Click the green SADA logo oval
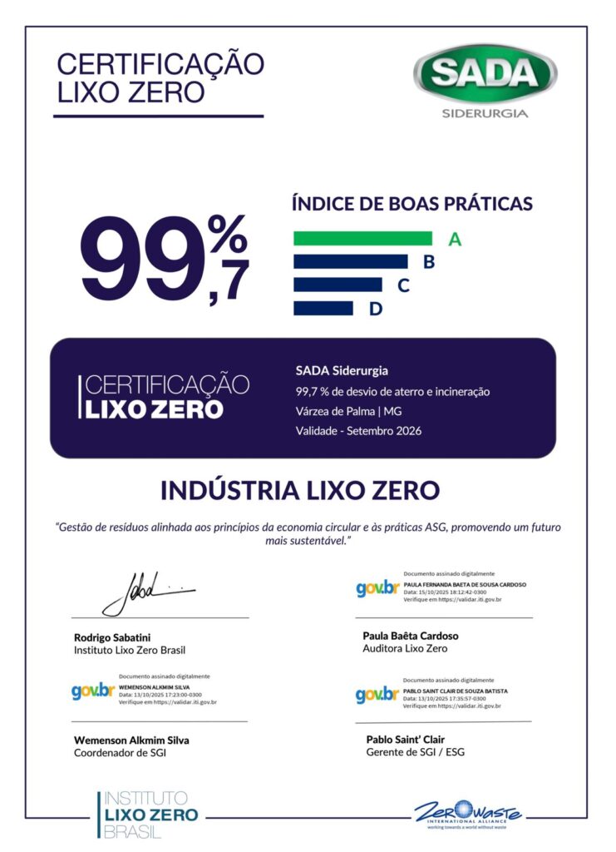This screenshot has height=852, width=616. point(485,73)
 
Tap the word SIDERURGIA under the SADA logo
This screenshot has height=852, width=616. point(485,113)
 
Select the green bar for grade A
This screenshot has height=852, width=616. point(362,239)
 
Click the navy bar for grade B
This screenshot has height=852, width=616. point(350,262)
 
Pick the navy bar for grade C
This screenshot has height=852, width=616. point(338,285)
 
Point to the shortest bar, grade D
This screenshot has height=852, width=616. point(323,309)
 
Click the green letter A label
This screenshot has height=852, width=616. point(455,240)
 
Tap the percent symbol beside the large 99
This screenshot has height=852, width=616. point(227,234)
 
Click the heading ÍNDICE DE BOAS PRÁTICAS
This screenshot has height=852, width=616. point(411,203)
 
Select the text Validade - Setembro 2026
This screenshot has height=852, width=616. point(358,431)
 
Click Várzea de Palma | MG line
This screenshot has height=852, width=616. point(348,411)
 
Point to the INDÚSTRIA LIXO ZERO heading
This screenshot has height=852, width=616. point(299,491)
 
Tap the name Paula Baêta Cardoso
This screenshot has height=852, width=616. point(411,636)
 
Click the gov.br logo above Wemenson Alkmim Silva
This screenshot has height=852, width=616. point(92,690)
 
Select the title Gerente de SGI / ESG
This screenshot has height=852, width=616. point(415,752)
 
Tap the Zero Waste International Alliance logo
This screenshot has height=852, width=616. point(468,813)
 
